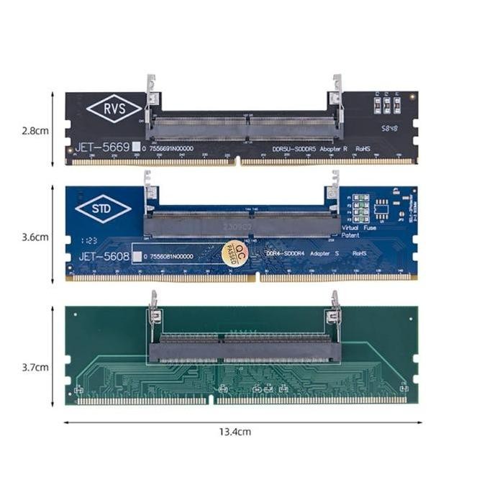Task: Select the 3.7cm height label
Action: pyautogui.click(x=35, y=366)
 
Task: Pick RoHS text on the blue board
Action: pyautogui.click(x=359, y=255)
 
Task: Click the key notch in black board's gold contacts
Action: pyautogui.click(x=237, y=162)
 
